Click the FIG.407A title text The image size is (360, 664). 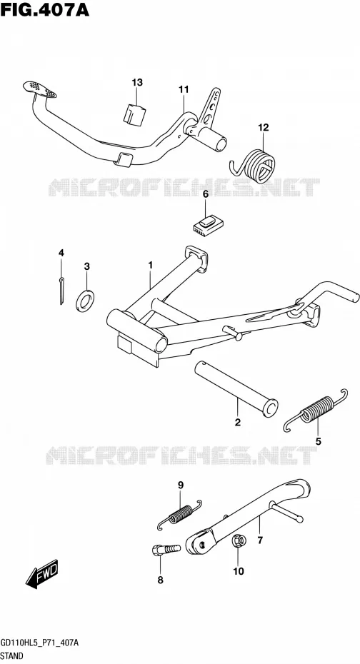click(x=44, y=9)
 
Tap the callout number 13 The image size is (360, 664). click(x=137, y=83)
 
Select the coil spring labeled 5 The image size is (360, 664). click(x=316, y=410)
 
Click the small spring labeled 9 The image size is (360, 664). click(x=179, y=515)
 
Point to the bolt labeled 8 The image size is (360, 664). click(x=166, y=550)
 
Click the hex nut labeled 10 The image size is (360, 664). click(x=237, y=542)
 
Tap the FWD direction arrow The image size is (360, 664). click(x=41, y=574)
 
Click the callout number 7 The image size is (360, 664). click(x=260, y=540)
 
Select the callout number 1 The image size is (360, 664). click(x=150, y=265)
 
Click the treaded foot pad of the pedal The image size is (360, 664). click(x=39, y=89)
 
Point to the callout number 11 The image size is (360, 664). click(x=184, y=89)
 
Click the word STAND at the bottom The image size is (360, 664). click(x=12, y=656)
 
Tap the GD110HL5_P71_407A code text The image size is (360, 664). click(x=40, y=643)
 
